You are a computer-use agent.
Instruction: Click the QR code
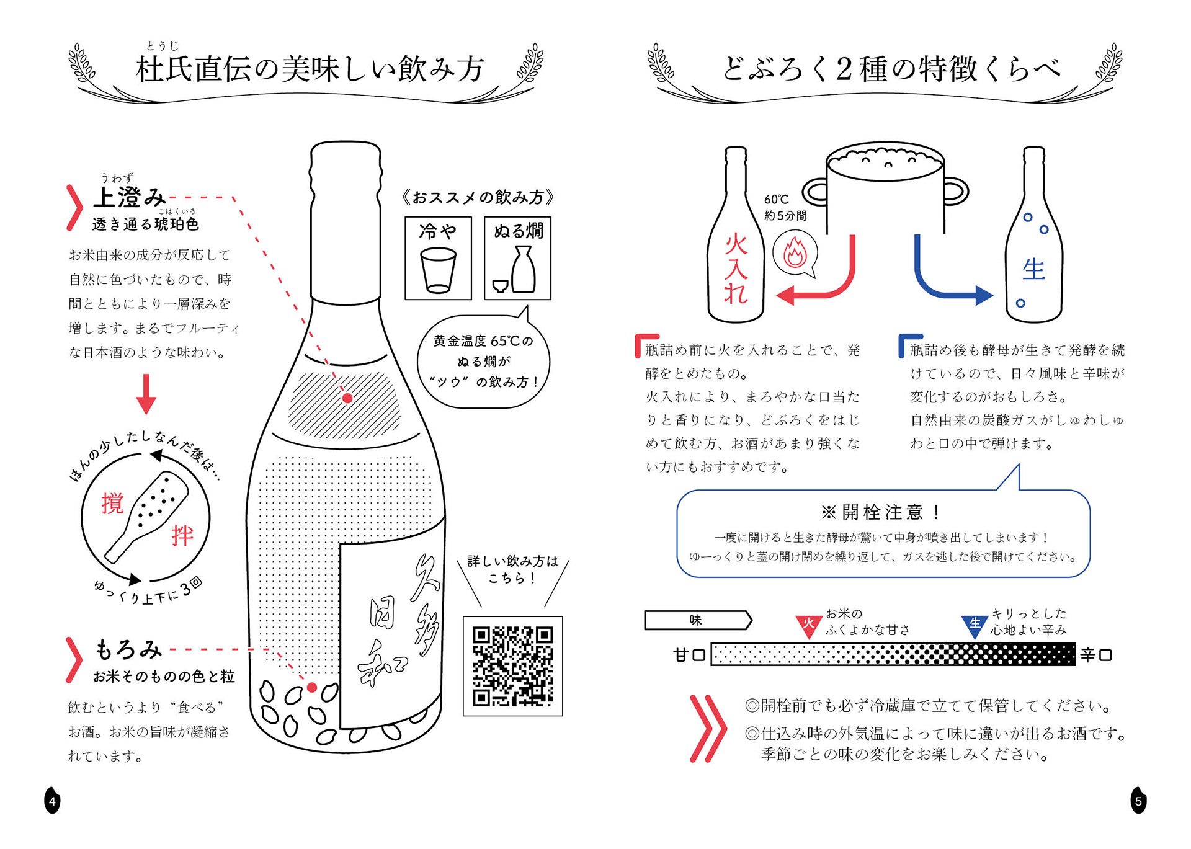(512, 666)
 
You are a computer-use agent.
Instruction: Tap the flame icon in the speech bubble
(795, 252)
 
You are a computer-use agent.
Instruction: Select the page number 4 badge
(52, 801)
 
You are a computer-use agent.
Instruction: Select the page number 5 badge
(1138, 801)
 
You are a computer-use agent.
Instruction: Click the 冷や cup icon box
(438, 258)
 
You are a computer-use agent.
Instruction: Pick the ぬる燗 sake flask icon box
(517, 258)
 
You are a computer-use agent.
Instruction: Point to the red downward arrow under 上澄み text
(146, 394)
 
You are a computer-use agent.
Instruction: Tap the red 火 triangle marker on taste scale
(808, 625)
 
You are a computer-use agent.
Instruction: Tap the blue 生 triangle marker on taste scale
(975, 625)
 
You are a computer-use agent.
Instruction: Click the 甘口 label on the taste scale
(689, 655)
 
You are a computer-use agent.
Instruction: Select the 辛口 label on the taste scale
(1096, 655)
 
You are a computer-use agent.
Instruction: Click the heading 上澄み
(130, 197)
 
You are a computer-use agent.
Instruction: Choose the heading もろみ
(128, 649)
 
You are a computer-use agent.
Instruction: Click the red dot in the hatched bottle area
(347, 398)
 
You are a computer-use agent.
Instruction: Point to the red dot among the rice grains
(312, 687)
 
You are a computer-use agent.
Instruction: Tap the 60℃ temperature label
(777, 199)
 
